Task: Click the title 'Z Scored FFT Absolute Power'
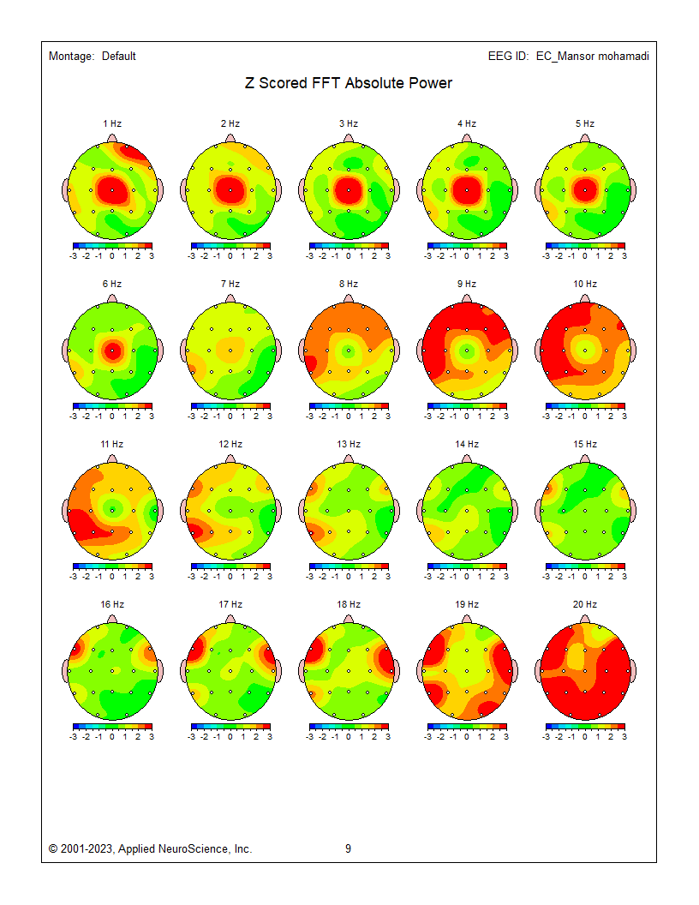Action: point(348,83)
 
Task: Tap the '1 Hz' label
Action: point(111,123)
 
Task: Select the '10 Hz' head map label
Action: point(585,284)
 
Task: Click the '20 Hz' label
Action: point(585,604)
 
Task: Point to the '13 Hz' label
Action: point(349,444)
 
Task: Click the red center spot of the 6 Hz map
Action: point(111,350)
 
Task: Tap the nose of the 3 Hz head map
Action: point(348,138)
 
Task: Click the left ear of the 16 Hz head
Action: point(67,670)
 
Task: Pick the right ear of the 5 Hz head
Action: point(632,189)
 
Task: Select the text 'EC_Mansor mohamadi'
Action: point(593,57)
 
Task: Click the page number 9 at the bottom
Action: point(348,848)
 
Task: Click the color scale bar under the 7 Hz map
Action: point(230,405)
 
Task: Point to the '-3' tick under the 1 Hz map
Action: point(74,255)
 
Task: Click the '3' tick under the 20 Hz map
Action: point(624,736)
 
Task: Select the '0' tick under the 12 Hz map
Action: point(230,576)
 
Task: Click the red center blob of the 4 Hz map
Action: point(466,189)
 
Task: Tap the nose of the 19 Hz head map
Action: point(466,619)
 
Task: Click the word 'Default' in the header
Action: point(119,57)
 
